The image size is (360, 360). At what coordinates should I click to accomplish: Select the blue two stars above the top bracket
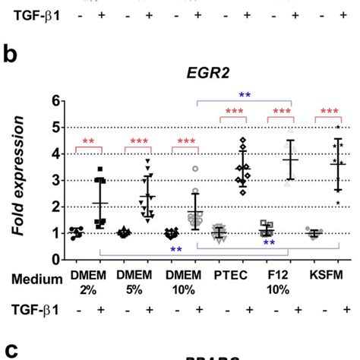click(x=245, y=95)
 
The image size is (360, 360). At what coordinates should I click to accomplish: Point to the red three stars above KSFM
click(x=330, y=112)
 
